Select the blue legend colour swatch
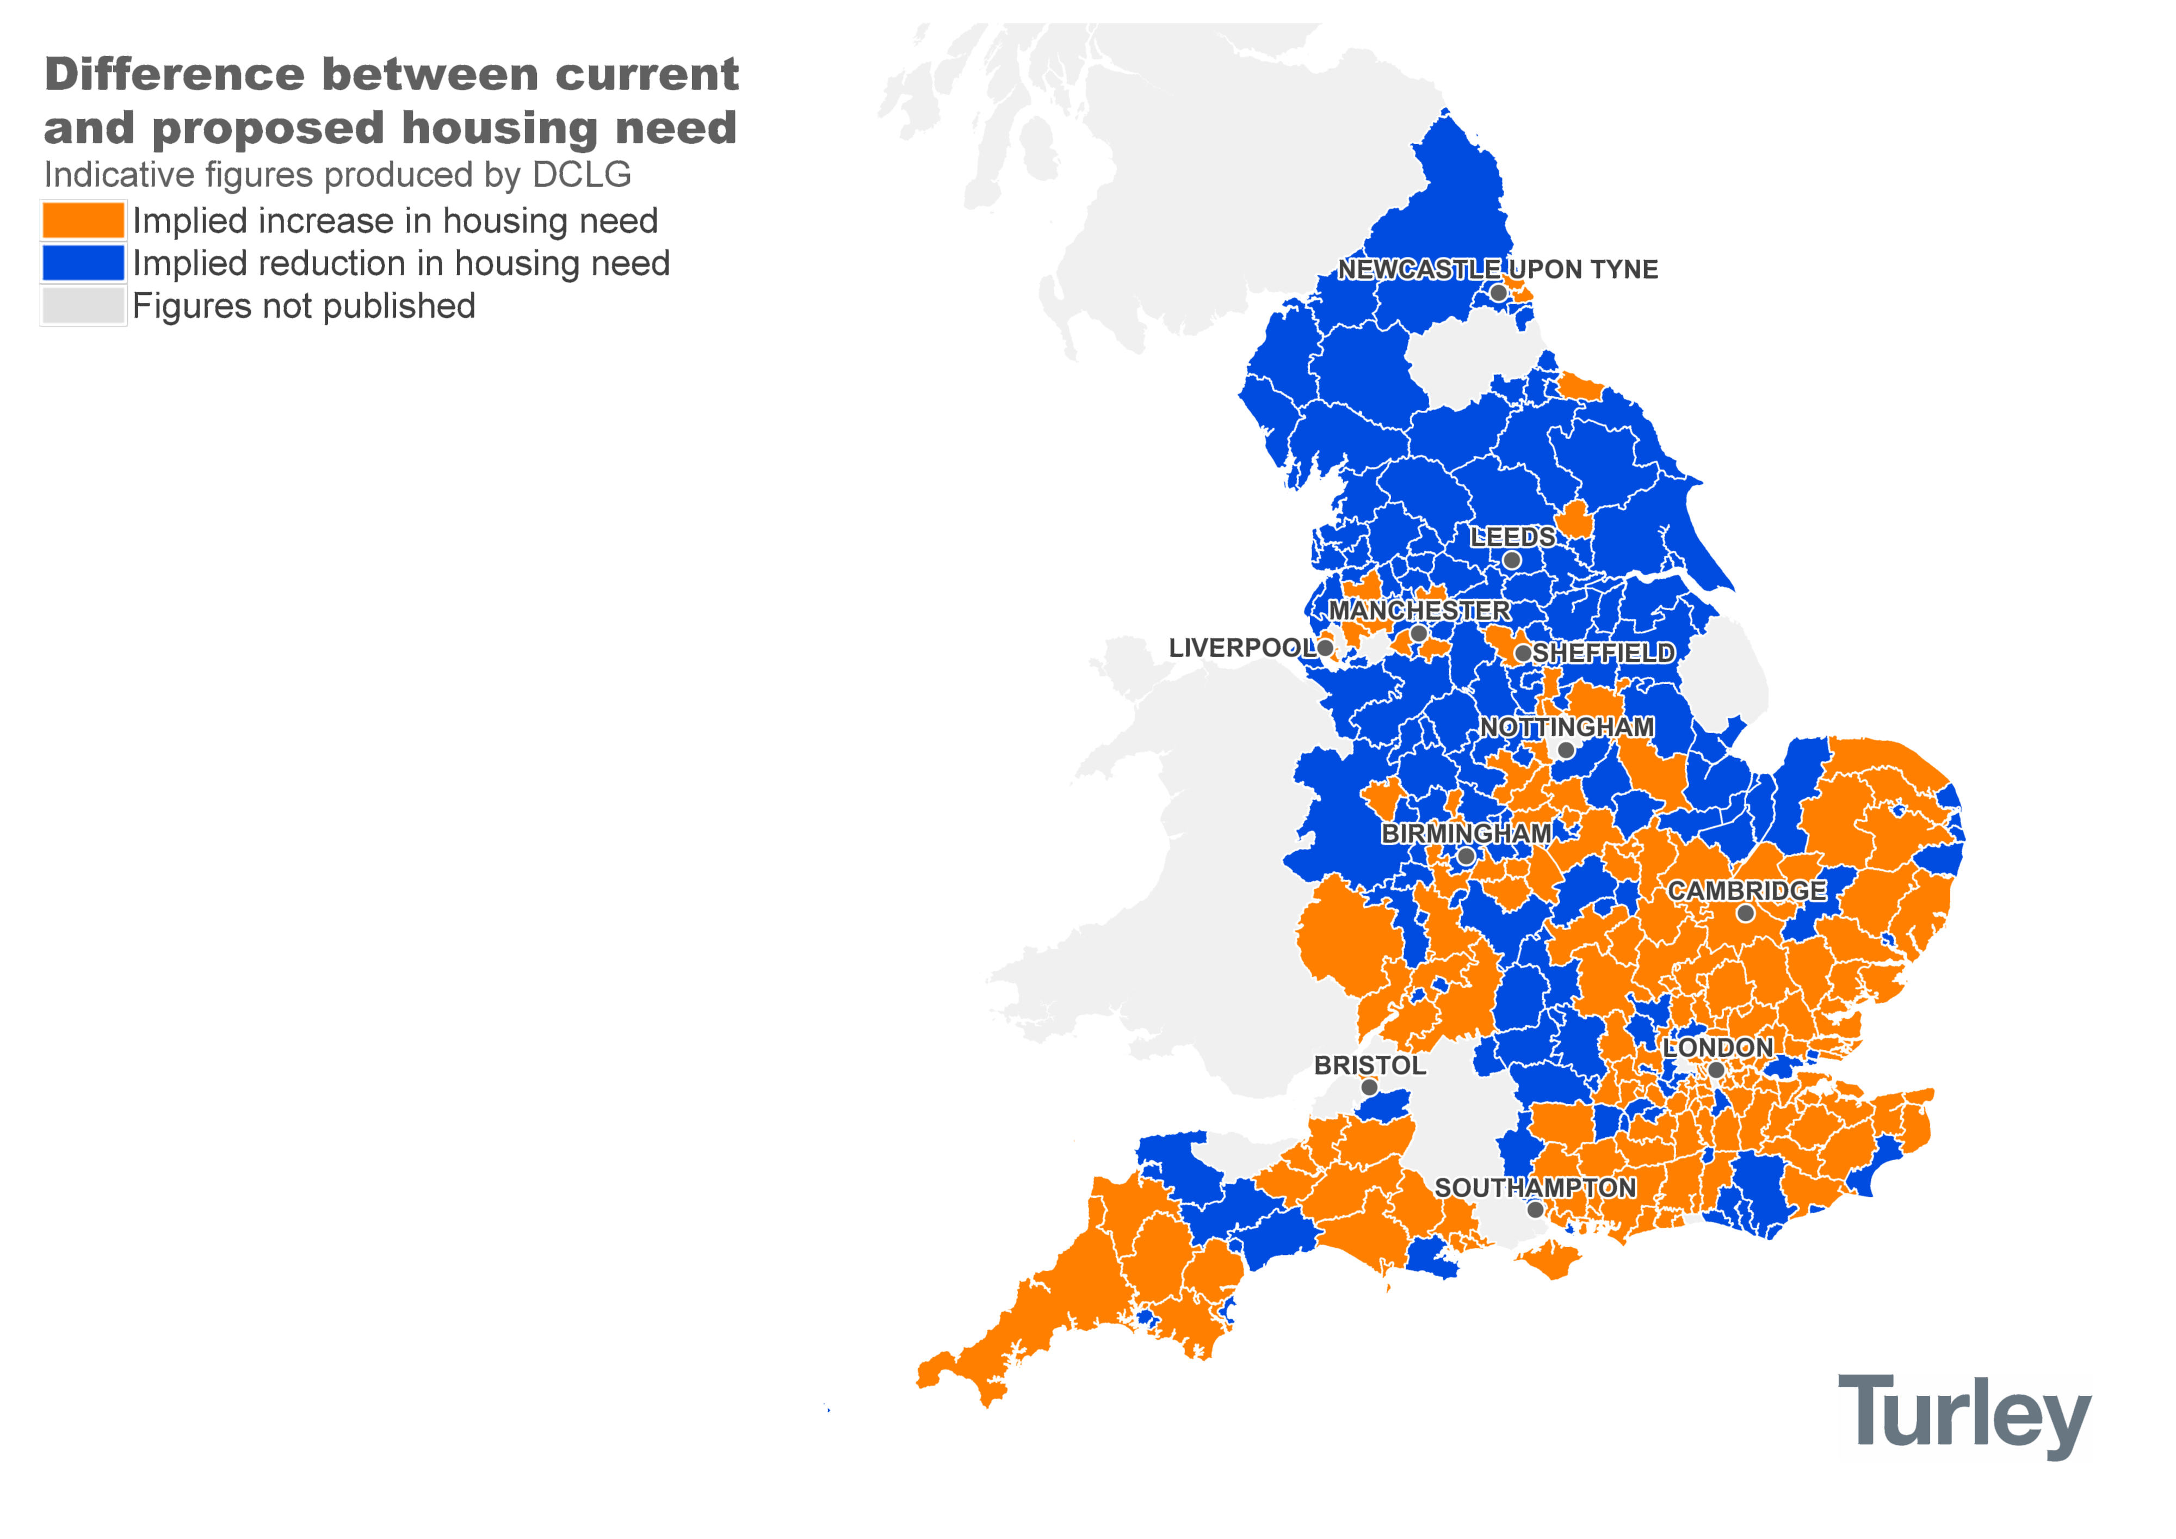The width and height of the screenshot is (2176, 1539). (83, 263)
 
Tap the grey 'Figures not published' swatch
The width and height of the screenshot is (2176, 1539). (83, 305)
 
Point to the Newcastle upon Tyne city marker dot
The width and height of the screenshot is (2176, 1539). (1498, 293)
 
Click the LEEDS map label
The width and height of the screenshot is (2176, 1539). (1512, 537)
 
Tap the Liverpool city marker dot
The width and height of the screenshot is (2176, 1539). (1325, 648)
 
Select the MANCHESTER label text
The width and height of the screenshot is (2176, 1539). (1419, 610)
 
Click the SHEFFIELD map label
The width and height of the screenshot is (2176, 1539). (1604, 652)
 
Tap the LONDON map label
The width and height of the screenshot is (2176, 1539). (1717, 1047)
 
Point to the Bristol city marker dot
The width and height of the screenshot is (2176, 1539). (1369, 1088)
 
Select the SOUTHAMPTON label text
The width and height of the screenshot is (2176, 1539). (1535, 1187)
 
